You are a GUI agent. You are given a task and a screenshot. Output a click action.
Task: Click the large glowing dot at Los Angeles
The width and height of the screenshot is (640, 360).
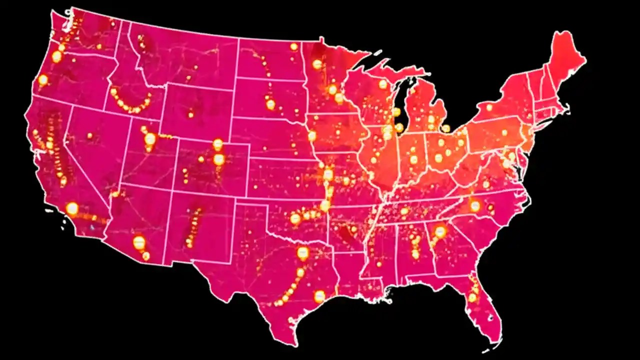(72, 208)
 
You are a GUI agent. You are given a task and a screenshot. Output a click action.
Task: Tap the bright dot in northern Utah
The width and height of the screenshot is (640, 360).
(150, 138)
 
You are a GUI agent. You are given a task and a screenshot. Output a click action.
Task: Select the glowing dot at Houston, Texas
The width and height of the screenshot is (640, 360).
(319, 296)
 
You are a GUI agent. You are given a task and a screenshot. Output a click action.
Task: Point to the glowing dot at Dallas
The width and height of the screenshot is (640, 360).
(302, 252)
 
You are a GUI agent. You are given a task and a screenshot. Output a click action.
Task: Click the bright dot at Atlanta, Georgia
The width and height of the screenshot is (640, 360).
(440, 231)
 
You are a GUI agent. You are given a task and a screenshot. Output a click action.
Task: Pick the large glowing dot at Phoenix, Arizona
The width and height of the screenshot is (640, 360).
(139, 242)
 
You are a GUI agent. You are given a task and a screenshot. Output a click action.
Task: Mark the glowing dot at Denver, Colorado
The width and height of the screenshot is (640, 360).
(218, 159)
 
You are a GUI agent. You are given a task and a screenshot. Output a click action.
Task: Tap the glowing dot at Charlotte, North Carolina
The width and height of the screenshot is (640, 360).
(475, 206)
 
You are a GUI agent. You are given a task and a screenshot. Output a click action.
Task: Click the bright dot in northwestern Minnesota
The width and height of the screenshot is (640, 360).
(317, 64)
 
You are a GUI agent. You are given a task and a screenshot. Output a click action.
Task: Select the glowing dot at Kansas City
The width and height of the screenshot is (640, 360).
(328, 174)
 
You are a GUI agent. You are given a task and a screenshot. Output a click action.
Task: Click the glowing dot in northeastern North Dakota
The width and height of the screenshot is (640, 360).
(294, 46)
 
